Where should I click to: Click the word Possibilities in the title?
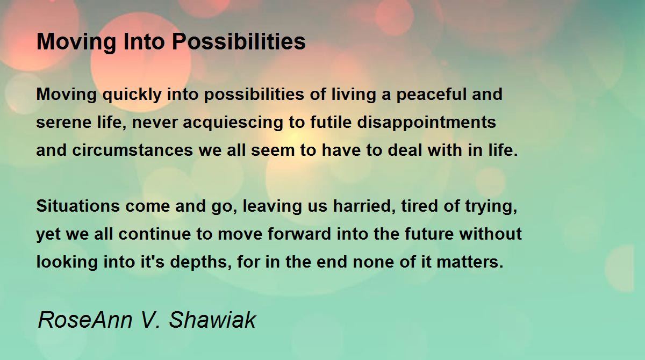(x=239, y=41)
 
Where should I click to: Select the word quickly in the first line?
(x=132, y=95)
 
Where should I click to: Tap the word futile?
(x=331, y=122)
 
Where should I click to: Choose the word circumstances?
(x=132, y=150)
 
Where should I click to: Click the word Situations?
(x=78, y=206)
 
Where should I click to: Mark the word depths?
(x=201, y=262)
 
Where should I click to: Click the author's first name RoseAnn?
(x=85, y=320)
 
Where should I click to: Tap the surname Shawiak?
(x=212, y=320)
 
